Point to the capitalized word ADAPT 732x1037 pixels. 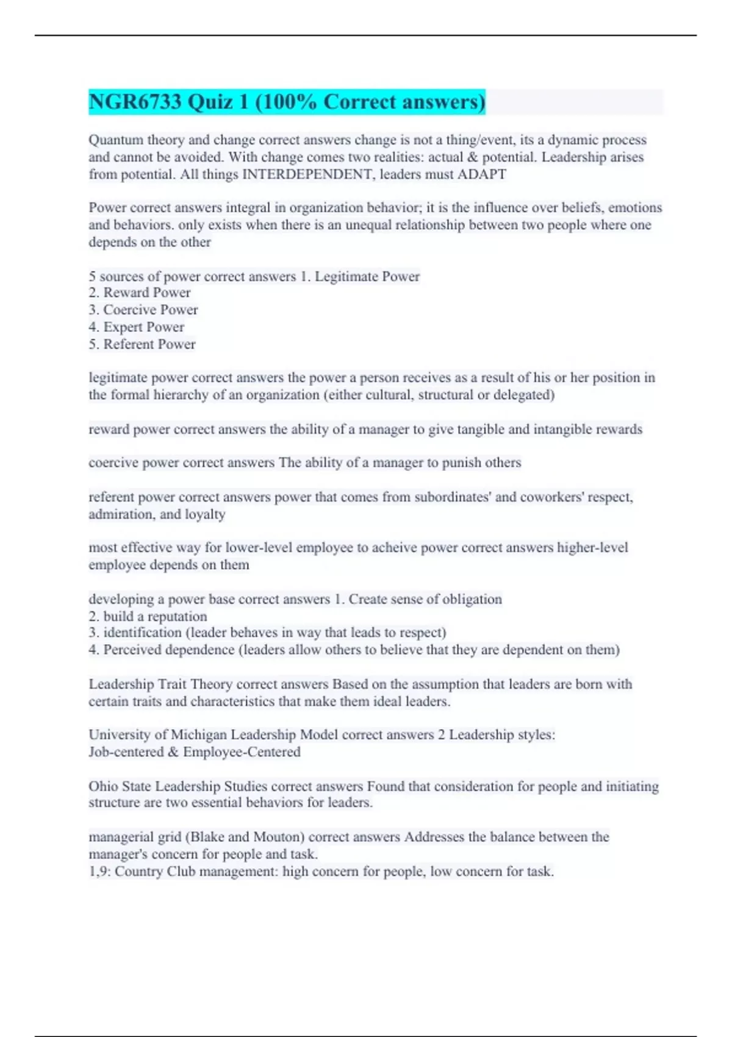click(482, 174)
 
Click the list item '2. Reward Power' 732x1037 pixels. click(140, 293)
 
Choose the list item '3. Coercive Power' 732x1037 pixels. click(143, 310)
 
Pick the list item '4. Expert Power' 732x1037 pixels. click(137, 327)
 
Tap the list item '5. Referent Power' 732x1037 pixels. click(142, 344)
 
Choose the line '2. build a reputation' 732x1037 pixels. click(148, 616)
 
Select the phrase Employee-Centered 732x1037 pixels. click(242, 752)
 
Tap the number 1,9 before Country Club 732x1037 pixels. click(99, 872)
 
